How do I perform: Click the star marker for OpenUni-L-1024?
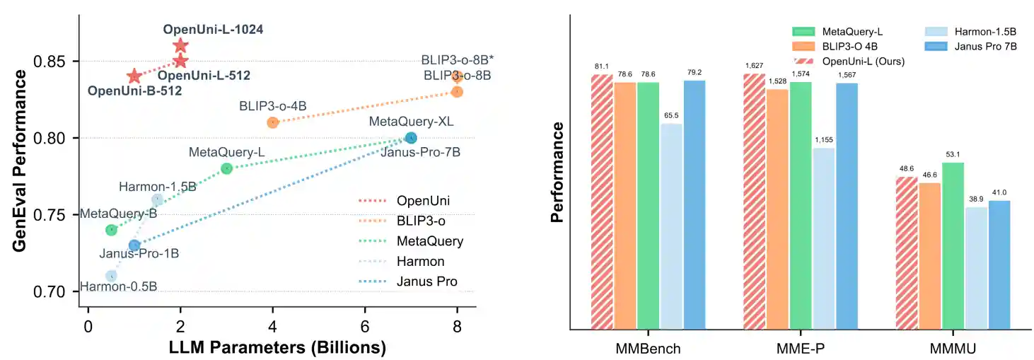tap(180, 46)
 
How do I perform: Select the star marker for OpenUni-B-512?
tap(134, 76)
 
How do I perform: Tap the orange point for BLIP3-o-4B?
tap(272, 122)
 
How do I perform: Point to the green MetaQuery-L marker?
tap(226, 168)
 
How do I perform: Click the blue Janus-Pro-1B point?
tap(134, 245)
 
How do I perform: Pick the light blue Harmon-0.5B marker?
tap(111, 276)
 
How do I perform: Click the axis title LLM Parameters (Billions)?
tap(277, 348)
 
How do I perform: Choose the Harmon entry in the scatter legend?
tap(420, 262)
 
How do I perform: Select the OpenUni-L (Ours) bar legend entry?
tap(864, 61)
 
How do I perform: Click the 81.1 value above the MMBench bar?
tap(601, 66)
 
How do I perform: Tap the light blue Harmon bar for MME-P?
tap(824, 238)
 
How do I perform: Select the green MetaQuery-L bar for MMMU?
tap(953, 245)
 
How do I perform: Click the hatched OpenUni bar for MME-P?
tap(754, 201)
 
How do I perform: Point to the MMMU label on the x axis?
tap(953, 348)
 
